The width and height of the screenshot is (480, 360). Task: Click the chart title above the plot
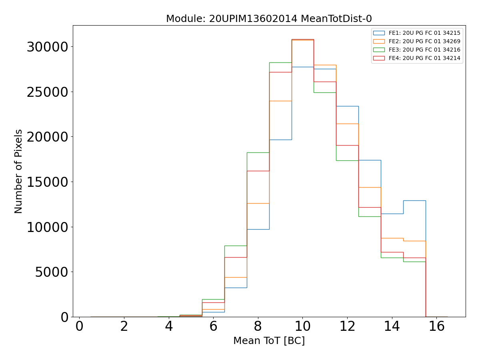click(x=269, y=19)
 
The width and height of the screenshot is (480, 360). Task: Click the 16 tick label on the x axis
click(x=436, y=327)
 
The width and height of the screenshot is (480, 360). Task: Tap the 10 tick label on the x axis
click(x=302, y=327)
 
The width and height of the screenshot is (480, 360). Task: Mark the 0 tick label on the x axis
click(x=79, y=327)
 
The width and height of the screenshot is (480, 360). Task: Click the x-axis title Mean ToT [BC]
click(x=269, y=341)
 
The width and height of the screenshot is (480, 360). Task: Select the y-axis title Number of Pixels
click(x=19, y=171)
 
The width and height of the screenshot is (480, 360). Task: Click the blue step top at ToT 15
click(x=414, y=200)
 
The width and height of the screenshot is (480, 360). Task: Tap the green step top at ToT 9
click(x=280, y=62)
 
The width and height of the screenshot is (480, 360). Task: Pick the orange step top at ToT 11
click(x=325, y=65)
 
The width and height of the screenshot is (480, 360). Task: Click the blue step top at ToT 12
click(x=347, y=106)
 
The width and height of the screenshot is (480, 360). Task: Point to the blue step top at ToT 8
click(x=258, y=229)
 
